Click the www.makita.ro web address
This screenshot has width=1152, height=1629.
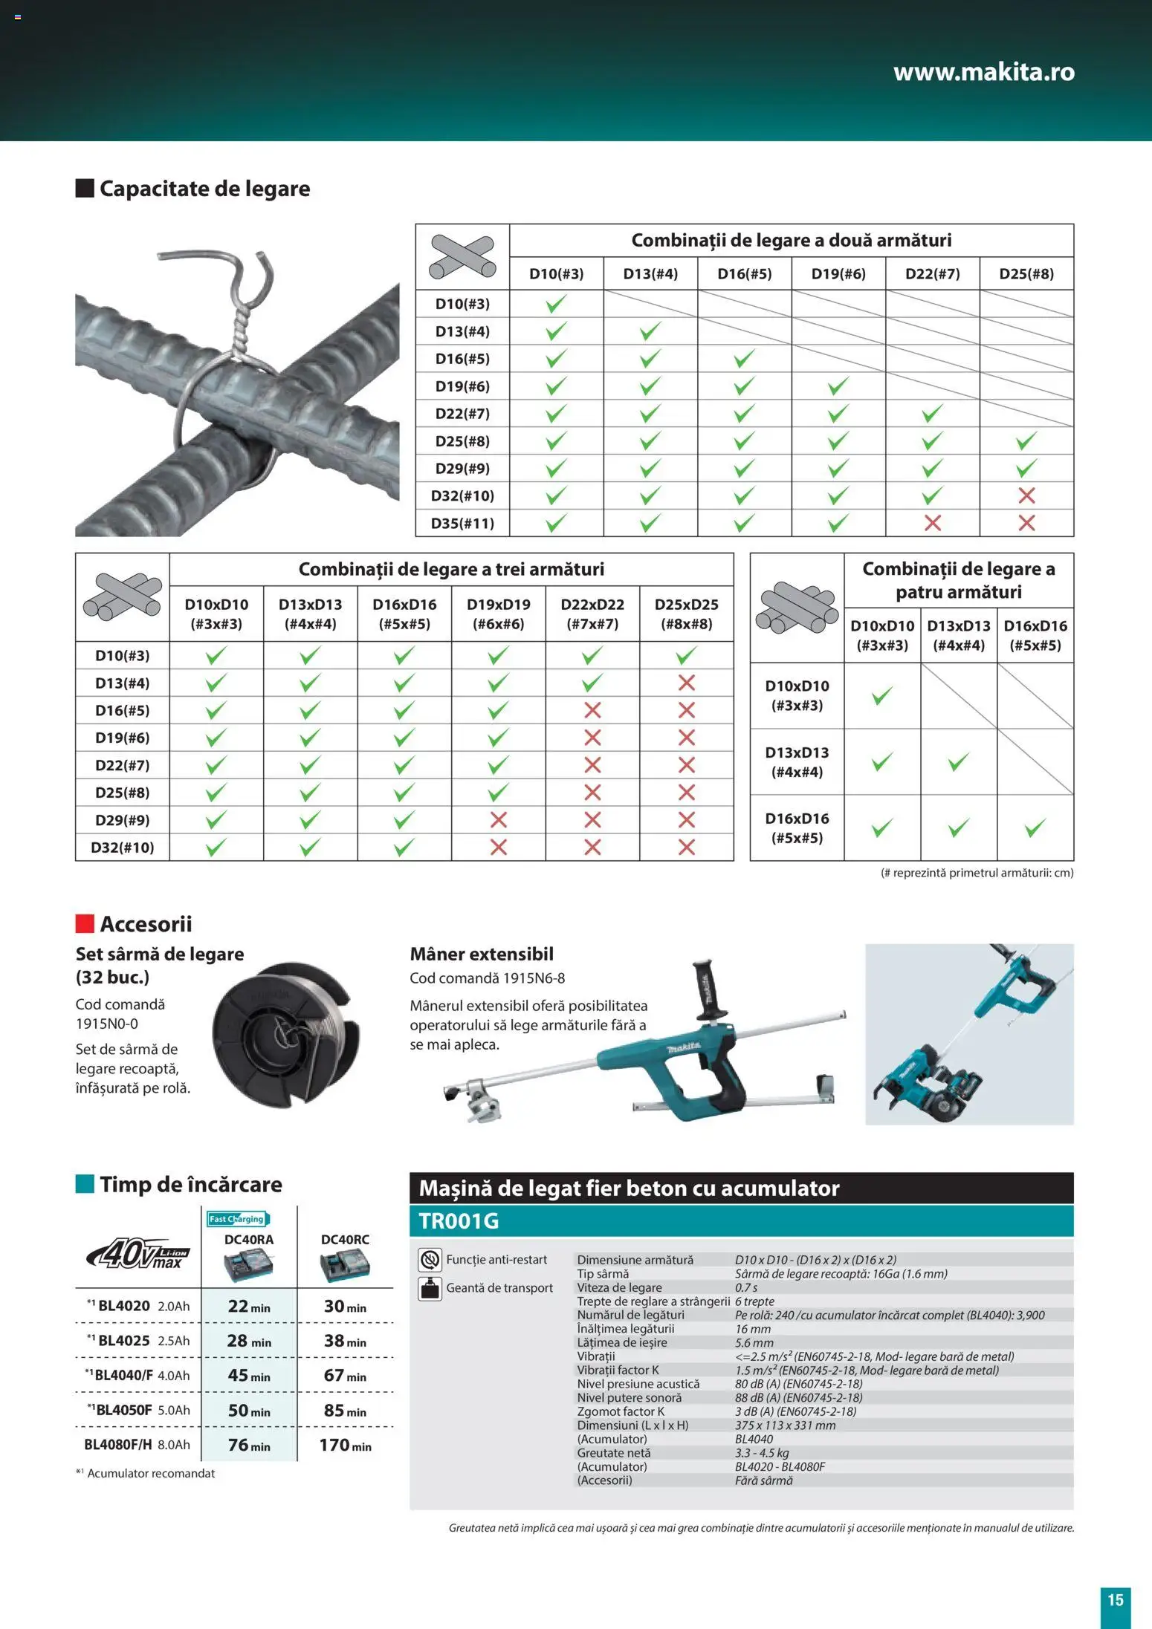click(x=983, y=72)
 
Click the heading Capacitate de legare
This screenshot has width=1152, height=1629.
click(x=204, y=189)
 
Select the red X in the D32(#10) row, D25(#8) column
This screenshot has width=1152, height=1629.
click(x=1026, y=495)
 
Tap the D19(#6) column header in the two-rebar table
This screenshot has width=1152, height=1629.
click(x=838, y=273)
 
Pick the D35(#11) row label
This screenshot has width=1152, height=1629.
click(x=462, y=523)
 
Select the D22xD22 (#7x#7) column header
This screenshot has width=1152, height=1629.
click(x=592, y=614)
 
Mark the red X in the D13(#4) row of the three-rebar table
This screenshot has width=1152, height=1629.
click(x=686, y=683)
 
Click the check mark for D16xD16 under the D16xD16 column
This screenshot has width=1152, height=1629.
click(x=1035, y=827)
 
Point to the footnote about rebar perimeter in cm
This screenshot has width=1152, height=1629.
click(x=977, y=873)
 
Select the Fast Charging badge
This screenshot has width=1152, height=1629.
click(x=237, y=1219)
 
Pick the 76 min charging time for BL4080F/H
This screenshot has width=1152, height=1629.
click(x=248, y=1445)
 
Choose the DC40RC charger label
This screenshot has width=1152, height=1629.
click(x=345, y=1240)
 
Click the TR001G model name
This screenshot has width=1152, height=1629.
click(x=459, y=1221)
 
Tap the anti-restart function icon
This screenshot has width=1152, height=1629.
click(x=430, y=1260)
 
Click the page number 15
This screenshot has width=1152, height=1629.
click(x=1115, y=1600)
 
